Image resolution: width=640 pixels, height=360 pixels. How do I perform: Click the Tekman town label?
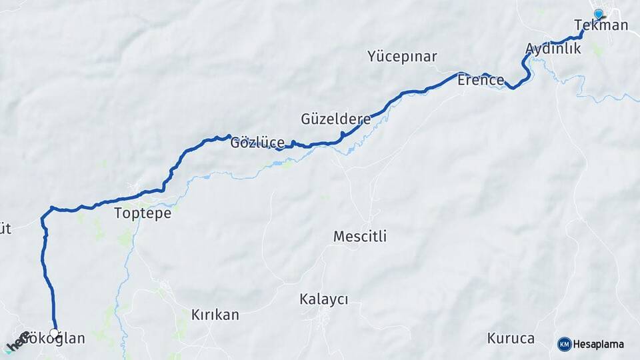[601, 25]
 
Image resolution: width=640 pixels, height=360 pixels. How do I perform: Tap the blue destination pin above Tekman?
[598, 14]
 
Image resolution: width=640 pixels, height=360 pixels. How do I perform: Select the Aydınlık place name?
[553, 48]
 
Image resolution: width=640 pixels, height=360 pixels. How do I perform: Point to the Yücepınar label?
[402, 56]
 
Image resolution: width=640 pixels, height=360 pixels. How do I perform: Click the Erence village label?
[481, 81]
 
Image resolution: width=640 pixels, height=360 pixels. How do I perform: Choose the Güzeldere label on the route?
[336, 120]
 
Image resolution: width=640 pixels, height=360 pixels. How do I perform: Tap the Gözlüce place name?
[257, 143]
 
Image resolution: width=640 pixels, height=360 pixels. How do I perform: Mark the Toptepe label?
[143, 213]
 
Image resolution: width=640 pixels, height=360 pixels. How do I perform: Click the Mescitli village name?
[360, 237]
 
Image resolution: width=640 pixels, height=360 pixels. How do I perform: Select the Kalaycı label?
[324, 299]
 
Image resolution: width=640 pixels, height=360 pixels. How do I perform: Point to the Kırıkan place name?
[215, 315]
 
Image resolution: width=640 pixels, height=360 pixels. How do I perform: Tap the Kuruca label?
[511, 338]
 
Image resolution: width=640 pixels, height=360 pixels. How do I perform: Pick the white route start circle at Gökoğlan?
[54, 332]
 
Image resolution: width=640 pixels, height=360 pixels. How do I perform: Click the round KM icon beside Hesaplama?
[565, 344]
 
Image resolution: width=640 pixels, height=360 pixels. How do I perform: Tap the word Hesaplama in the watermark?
[599, 345]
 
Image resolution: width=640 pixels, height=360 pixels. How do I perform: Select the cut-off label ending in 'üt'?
[5, 229]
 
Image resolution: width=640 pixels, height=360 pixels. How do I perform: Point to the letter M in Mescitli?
[339, 237]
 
